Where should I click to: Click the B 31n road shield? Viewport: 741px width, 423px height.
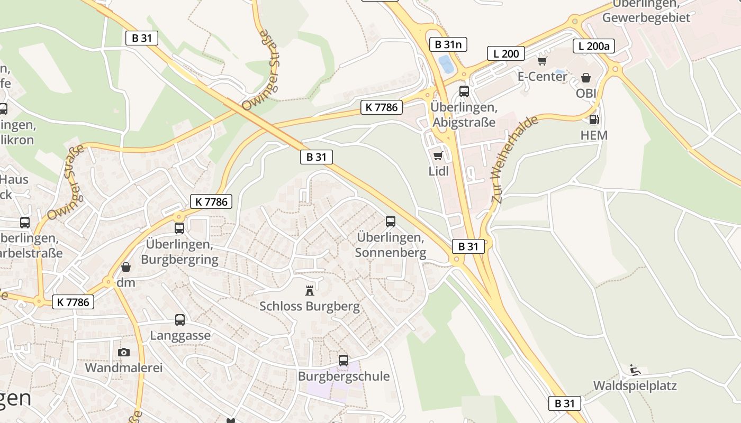[448, 44]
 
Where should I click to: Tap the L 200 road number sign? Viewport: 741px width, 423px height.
[506, 53]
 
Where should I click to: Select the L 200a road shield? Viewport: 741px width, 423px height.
[594, 46]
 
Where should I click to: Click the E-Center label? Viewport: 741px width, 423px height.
[543, 77]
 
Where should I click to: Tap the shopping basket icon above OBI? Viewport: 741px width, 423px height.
[586, 78]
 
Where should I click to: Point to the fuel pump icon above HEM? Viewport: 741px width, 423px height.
[594, 120]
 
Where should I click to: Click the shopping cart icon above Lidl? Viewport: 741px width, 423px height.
[438, 156]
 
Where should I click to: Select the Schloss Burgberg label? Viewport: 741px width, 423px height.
[310, 306]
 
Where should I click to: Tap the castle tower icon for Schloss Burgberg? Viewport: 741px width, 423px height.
[310, 290]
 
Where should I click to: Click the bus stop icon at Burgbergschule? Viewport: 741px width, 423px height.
[344, 361]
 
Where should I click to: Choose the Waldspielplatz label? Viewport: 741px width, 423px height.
[635, 385]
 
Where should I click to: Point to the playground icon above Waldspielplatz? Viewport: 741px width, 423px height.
[635, 370]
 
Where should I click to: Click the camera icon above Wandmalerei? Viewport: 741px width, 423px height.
[123, 352]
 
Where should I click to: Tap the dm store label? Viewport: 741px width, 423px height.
[126, 282]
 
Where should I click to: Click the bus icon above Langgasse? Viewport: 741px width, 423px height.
[180, 320]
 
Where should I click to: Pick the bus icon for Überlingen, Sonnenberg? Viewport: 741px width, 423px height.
[391, 222]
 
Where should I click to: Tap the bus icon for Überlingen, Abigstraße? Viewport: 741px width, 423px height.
[464, 91]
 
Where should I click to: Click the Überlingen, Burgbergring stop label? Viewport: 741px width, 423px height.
[179, 252]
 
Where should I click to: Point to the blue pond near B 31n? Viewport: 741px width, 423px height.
[446, 65]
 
